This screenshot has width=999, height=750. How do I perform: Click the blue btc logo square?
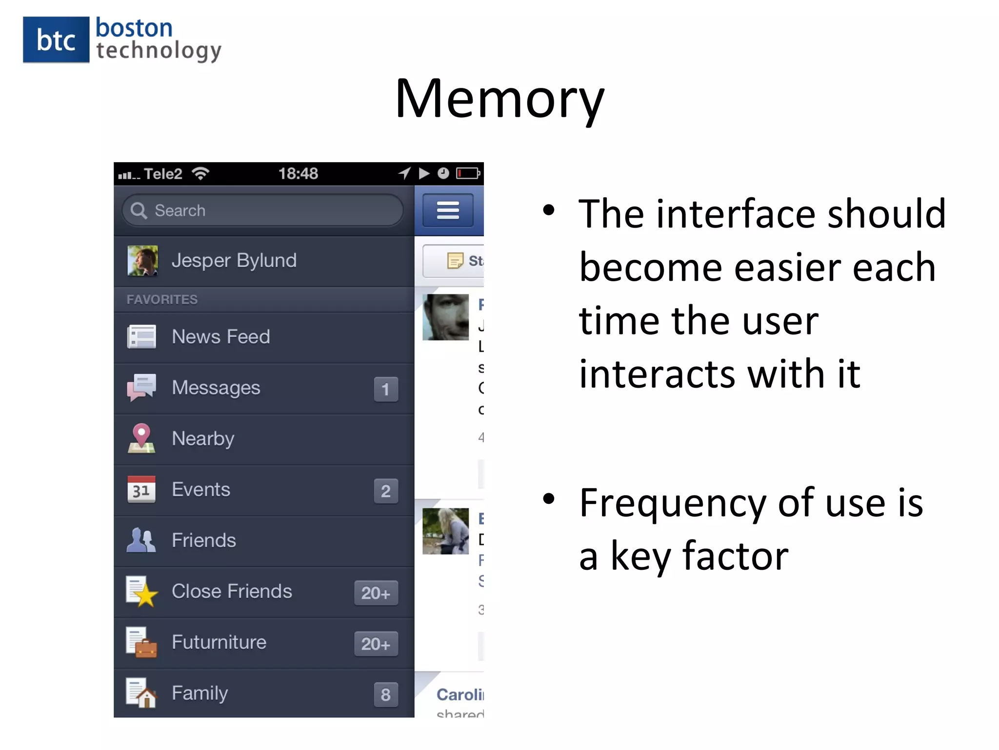56,40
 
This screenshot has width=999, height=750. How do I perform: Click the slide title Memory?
499,99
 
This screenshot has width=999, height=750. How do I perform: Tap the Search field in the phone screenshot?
263,210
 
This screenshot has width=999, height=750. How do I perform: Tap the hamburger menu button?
448,210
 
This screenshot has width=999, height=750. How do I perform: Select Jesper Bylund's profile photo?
142,261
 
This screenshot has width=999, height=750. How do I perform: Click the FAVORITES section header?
162,299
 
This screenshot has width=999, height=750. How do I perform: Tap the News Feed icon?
141,337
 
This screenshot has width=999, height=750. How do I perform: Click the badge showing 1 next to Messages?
386,389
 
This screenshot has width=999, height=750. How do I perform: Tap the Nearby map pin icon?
141,438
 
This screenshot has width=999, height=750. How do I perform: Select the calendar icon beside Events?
141,489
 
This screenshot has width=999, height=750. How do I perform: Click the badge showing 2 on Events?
386,491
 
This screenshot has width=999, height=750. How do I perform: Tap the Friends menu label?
204,541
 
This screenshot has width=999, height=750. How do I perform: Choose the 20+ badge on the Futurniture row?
376,644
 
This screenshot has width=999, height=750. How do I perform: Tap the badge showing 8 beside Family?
386,694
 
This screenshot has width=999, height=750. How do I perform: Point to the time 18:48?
298,173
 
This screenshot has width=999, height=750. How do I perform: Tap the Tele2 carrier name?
163,174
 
